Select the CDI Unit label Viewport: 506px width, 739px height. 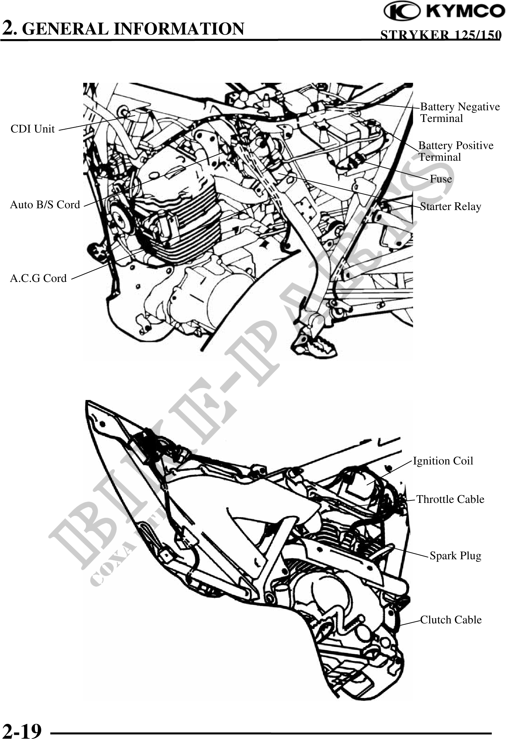32,129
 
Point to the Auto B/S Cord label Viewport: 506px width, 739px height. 45,204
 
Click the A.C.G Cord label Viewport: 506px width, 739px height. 38,278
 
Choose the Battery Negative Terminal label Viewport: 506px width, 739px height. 459,112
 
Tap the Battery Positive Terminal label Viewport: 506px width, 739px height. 456,151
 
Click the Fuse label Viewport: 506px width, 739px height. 441,179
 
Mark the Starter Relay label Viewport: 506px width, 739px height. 450,206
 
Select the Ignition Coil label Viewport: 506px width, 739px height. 443,461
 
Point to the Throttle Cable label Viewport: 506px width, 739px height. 450,499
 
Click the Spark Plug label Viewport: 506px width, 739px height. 455,556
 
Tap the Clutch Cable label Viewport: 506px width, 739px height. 451,620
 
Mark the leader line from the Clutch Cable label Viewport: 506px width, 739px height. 410,623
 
